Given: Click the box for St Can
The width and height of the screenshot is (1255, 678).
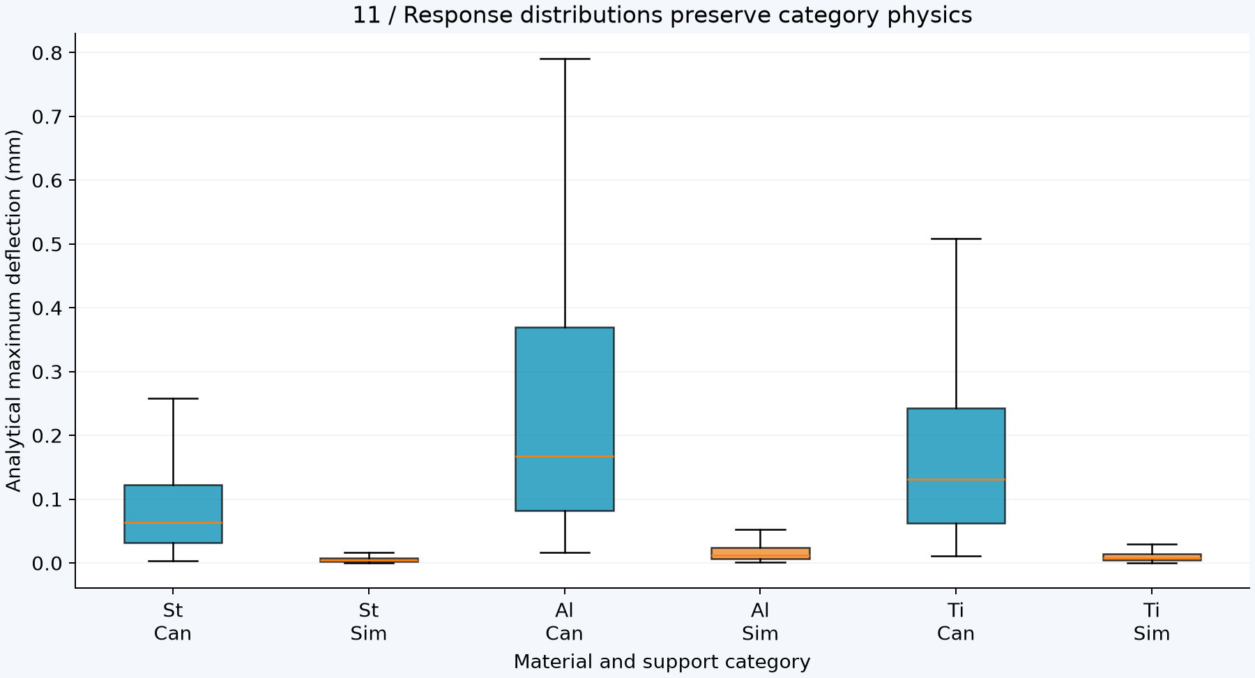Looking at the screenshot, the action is [173, 513].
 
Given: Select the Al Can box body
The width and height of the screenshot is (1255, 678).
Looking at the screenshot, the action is [565, 419].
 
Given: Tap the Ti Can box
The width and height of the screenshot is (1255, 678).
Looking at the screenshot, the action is [956, 465].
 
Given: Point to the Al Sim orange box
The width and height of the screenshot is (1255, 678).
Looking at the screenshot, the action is [761, 553].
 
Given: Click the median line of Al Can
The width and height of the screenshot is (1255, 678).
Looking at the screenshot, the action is [565, 456].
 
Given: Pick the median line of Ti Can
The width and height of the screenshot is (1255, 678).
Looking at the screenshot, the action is [956, 480].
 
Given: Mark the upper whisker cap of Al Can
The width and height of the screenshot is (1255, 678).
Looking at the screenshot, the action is [565, 59].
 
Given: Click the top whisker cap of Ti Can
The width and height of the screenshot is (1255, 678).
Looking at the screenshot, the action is [956, 239].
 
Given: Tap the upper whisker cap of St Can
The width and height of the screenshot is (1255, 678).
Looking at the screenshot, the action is [173, 398].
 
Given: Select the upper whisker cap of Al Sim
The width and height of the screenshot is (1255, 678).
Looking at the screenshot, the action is [761, 529].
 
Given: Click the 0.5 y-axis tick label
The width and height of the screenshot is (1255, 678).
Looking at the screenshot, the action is [47, 244].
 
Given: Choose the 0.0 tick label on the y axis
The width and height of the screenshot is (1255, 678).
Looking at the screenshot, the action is [47, 563].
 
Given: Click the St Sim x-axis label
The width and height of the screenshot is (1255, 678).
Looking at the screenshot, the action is [369, 622].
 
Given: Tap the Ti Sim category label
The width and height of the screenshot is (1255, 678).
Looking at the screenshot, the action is [1152, 622].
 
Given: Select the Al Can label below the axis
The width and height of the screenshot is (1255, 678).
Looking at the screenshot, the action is [565, 622].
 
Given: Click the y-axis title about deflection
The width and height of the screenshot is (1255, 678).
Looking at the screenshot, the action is [14, 310].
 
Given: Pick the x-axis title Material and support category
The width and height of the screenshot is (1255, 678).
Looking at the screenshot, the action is [662, 662].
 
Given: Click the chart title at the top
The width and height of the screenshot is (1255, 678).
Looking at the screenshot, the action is [662, 15].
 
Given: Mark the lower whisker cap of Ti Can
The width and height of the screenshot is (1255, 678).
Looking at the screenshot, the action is [956, 556].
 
